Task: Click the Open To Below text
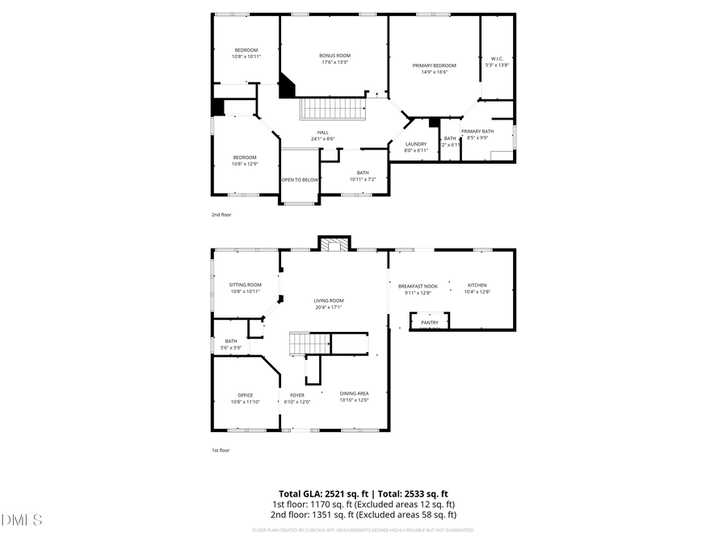click(300, 180)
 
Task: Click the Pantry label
click(429, 323)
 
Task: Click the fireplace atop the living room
click(334, 244)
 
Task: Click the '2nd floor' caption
click(221, 216)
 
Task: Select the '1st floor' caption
click(221, 450)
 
